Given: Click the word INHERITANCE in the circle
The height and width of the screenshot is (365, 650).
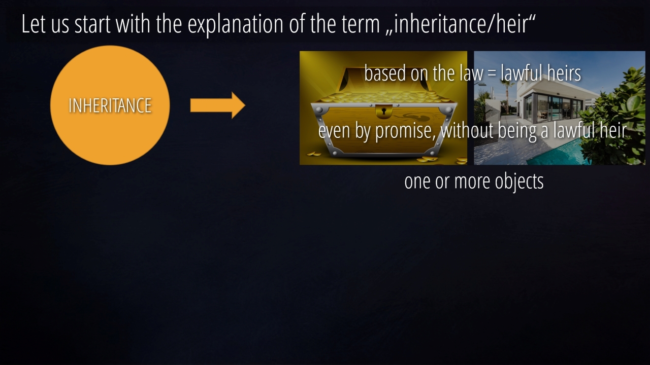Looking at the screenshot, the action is click(110, 105).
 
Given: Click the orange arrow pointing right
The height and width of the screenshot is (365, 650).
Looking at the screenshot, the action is click(218, 105).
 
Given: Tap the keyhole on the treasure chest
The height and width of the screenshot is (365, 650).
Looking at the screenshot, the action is click(384, 111).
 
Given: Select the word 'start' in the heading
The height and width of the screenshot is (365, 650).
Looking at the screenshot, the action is click(92, 25).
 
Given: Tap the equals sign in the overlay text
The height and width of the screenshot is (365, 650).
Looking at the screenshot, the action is click(492, 74).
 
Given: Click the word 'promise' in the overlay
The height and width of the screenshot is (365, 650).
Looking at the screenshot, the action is click(405, 131).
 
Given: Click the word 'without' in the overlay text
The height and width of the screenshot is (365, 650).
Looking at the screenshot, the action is click(467, 130).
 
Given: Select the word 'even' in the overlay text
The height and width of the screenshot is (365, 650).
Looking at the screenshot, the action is click(334, 131).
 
